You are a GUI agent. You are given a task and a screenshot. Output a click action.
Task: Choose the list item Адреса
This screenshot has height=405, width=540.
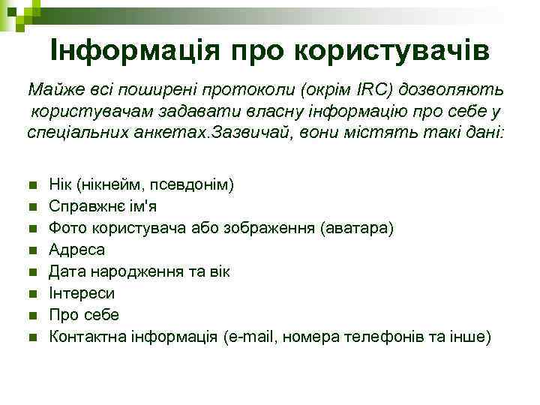coord(77,250)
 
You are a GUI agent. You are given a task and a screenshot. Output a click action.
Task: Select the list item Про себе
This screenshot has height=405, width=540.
coord(84,315)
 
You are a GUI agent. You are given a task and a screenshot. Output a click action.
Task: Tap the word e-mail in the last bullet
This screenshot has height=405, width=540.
coord(256,337)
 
